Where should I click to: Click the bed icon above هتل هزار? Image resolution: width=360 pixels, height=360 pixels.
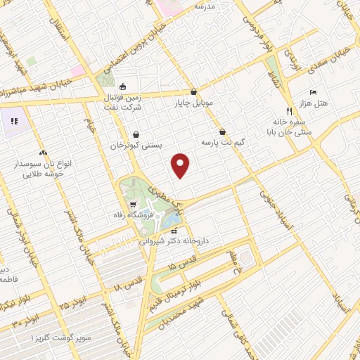click(x=314, y=92)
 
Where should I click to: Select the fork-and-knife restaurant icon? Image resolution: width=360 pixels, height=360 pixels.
click(x=289, y=112)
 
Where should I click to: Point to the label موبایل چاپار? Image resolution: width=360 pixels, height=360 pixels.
click(x=194, y=103)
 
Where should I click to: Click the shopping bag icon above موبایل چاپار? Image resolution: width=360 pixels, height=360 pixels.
click(x=193, y=91)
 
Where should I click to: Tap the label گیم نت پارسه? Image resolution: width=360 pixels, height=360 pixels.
click(x=224, y=142)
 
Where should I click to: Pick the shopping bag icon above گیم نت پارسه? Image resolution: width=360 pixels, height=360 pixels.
click(x=223, y=131)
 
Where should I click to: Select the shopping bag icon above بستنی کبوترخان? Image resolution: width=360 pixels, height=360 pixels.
click(x=135, y=134)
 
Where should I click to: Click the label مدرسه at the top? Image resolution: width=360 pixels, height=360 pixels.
click(x=224, y=6)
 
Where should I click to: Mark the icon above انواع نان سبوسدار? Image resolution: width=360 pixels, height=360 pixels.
click(x=43, y=152)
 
